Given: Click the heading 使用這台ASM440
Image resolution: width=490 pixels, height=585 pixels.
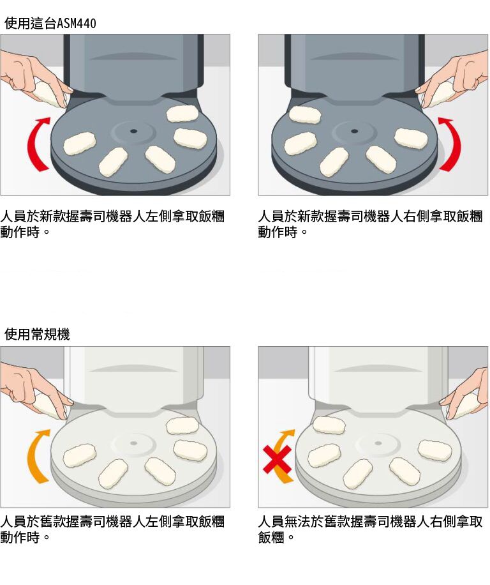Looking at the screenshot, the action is click(x=50, y=24).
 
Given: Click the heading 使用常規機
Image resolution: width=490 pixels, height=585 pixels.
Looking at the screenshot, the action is click(x=37, y=334).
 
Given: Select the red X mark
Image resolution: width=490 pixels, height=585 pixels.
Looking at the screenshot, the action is click(x=277, y=459).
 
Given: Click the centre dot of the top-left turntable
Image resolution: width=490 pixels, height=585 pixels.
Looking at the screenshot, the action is click(x=133, y=131).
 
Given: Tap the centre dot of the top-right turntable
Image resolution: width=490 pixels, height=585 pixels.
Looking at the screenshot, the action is click(x=354, y=131).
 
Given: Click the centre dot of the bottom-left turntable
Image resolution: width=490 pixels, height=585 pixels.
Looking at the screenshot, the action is click(x=133, y=443).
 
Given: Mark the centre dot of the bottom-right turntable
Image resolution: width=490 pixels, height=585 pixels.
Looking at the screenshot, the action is click(x=378, y=443).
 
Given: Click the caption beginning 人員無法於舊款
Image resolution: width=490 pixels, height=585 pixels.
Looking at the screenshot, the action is click(x=371, y=529).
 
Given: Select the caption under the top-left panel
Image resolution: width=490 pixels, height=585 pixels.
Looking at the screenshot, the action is click(x=112, y=224).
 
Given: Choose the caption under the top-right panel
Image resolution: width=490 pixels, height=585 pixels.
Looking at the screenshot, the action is click(x=371, y=224).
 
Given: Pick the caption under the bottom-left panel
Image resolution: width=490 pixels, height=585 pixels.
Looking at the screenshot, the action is click(x=112, y=529).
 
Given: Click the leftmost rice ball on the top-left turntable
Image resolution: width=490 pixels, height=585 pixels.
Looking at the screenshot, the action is click(x=79, y=144).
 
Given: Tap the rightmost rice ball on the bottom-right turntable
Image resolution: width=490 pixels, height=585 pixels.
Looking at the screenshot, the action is click(x=434, y=451).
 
